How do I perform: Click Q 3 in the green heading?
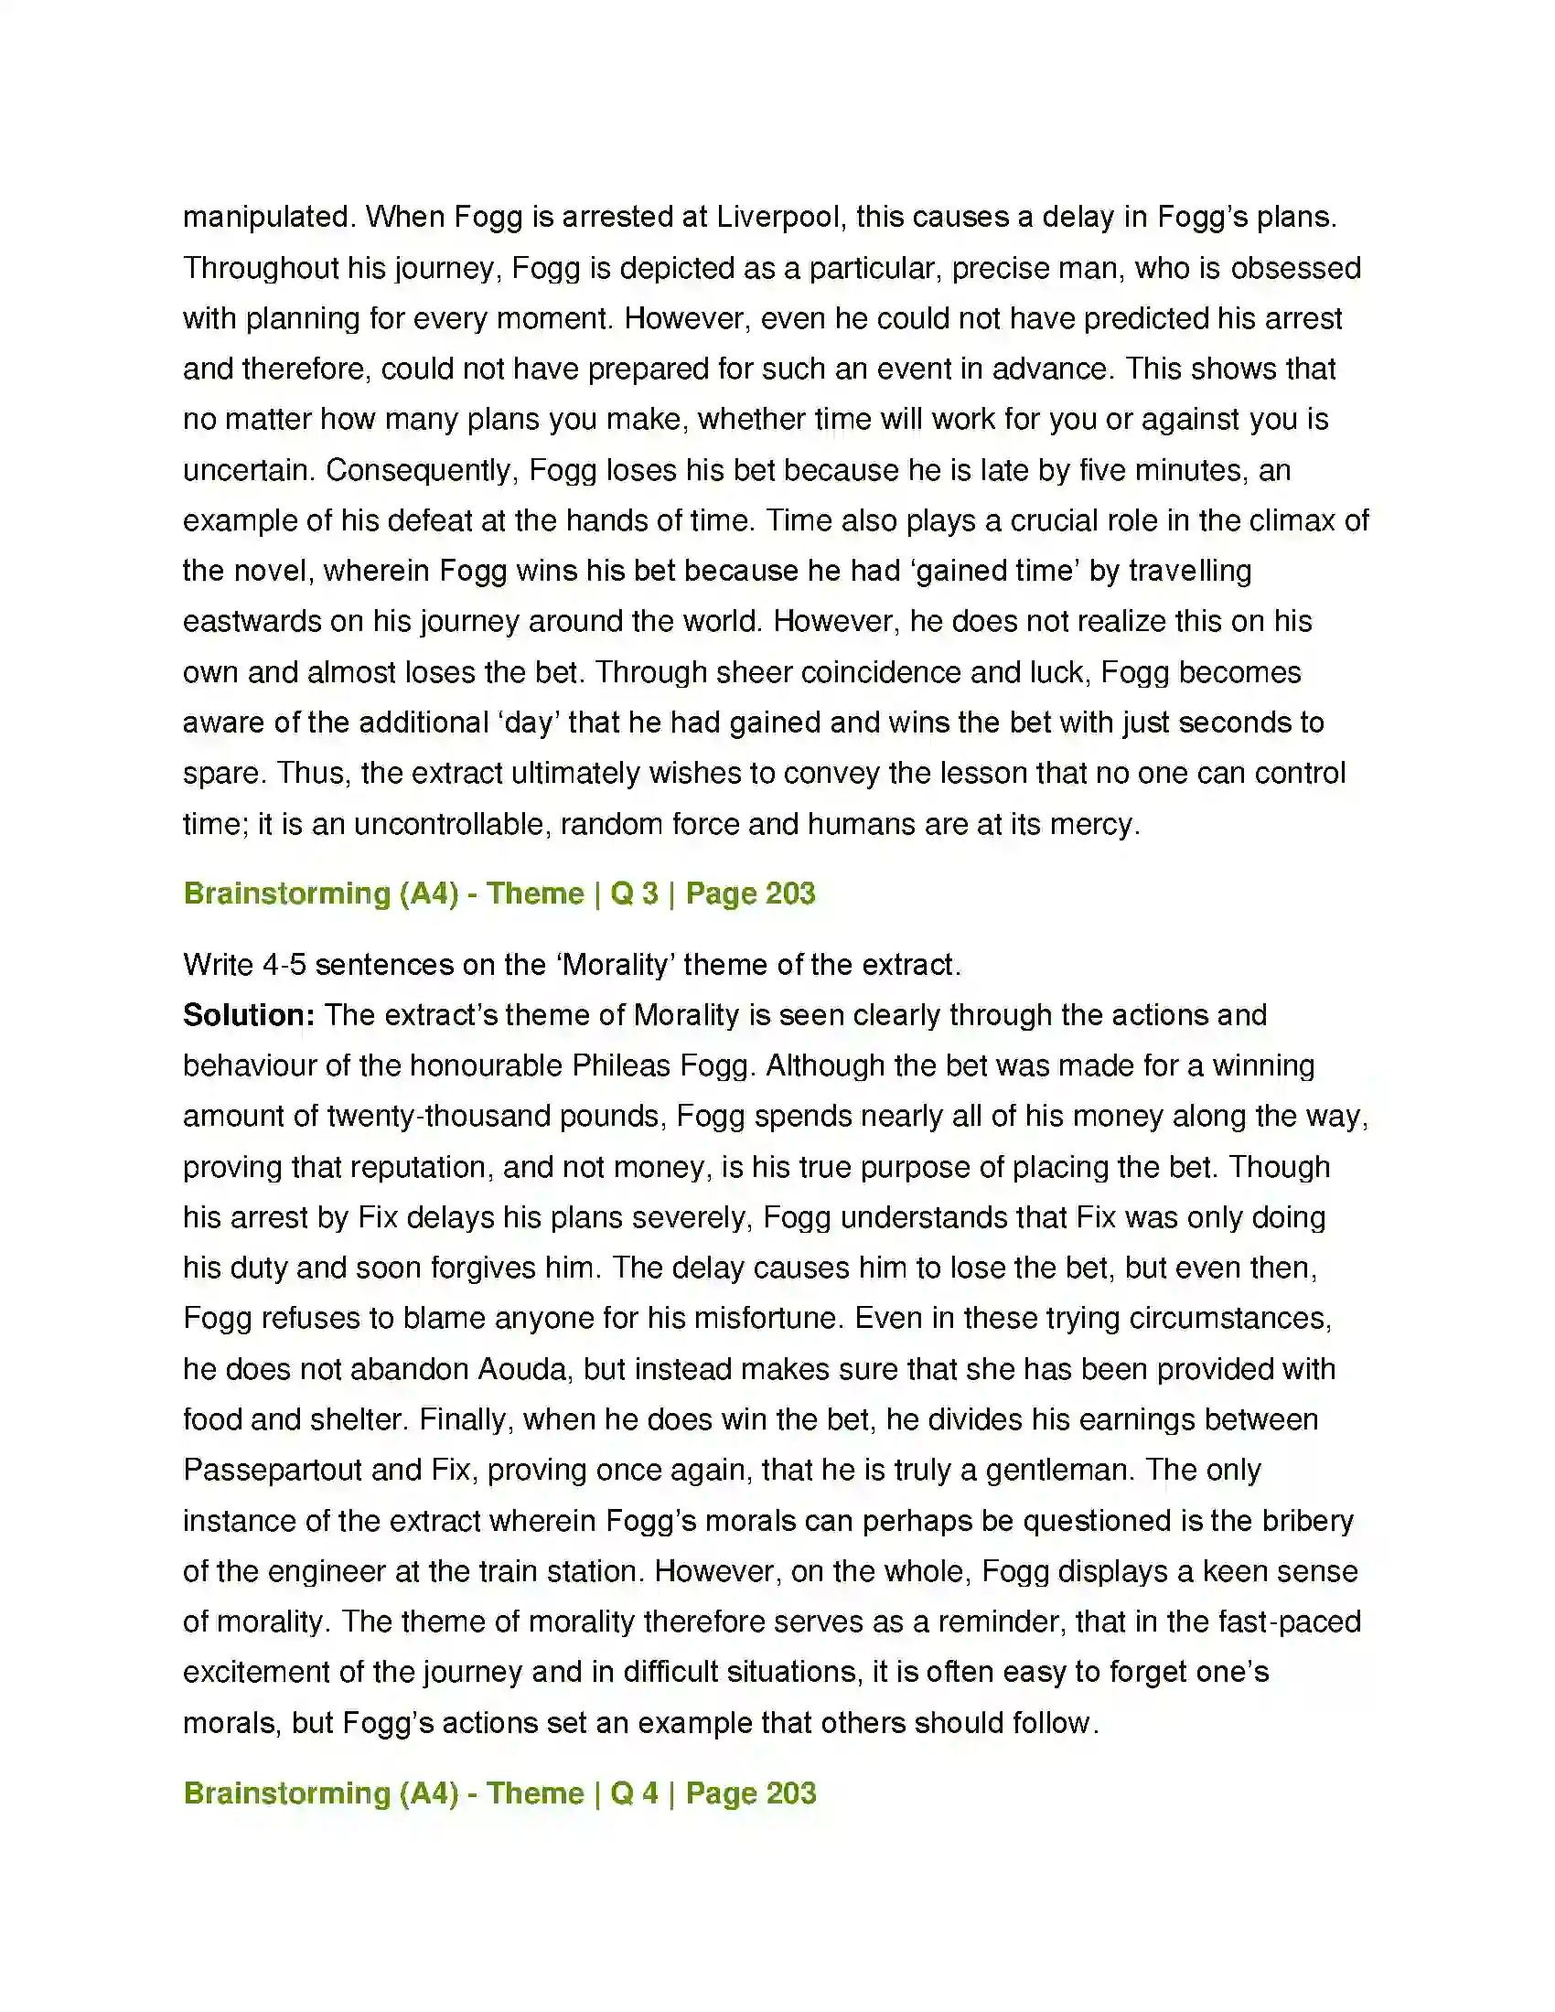pyautogui.click(x=634, y=894)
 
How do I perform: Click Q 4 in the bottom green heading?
pyautogui.click(x=634, y=1793)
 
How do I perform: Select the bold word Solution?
pyautogui.click(x=249, y=1015)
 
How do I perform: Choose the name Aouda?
pyautogui.click(x=522, y=1370)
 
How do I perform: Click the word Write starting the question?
pyautogui.click(x=219, y=966)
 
